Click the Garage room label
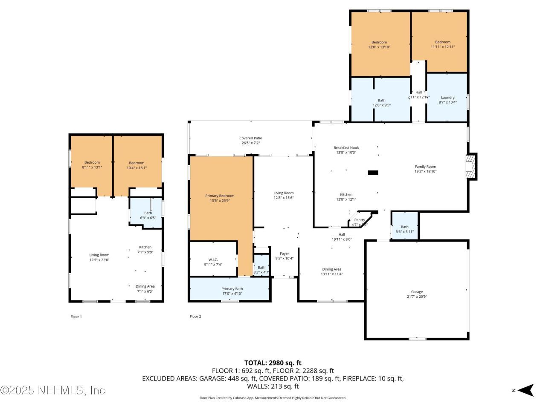pyautogui.click(x=417, y=292)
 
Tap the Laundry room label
pyautogui.click(x=447, y=98)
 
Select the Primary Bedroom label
pyautogui.click(x=220, y=196)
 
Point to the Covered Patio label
pyautogui.click(x=250, y=138)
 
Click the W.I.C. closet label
pyautogui.click(x=213, y=259)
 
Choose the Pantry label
pyautogui.click(x=359, y=220)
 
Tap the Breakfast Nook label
pyautogui.click(x=346, y=148)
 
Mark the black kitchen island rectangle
pyautogui.click(x=373, y=173)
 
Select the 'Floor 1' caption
pyautogui.click(x=76, y=317)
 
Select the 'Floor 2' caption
pyautogui.click(x=195, y=317)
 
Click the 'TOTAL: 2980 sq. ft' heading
pyautogui.click(x=273, y=363)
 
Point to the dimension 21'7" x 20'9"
pyautogui.click(x=417, y=297)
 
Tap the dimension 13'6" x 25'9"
pyautogui.click(x=220, y=201)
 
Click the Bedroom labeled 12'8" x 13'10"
pyautogui.click(x=379, y=42)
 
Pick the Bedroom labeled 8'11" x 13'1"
pyautogui.click(x=92, y=163)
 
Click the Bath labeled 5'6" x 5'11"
pyautogui.click(x=404, y=227)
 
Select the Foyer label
pyautogui.click(x=284, y=253)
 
